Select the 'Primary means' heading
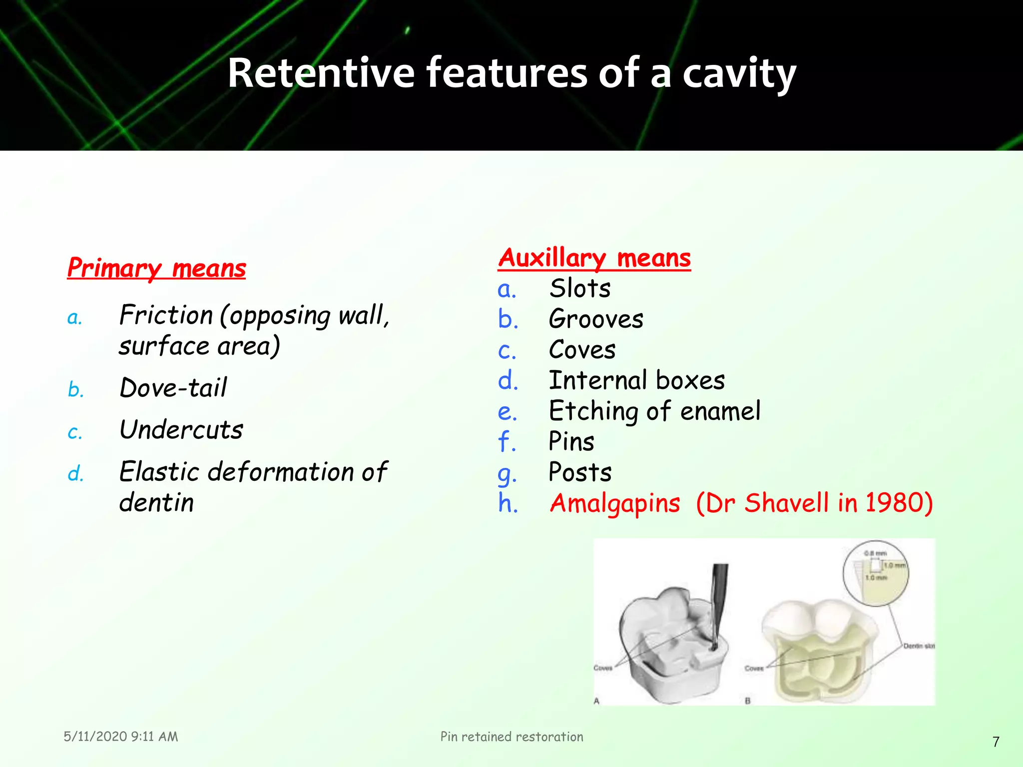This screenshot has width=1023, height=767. pos(156,268)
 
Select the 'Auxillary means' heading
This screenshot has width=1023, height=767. pos(594,258)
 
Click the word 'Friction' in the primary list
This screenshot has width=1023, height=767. pos(166,316)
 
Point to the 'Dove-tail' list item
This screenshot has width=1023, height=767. pos(173,388)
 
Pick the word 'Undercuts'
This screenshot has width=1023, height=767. pos(181,430)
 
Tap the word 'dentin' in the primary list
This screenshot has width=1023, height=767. pos(156,502)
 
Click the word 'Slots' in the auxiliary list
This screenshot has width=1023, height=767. pos(579,289)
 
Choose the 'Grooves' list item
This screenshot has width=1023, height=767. pos(595,319)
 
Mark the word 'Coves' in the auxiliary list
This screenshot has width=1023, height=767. pos(582,350)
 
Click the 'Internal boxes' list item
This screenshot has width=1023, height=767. pos(636,381)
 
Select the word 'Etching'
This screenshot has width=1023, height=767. pos(593,411)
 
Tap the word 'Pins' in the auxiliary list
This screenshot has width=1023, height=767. pos(571,442)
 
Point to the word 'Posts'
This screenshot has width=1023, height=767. pos(579,472)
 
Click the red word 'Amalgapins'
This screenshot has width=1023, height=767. pos(614,503)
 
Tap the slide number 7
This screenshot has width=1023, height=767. pos(996,742)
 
